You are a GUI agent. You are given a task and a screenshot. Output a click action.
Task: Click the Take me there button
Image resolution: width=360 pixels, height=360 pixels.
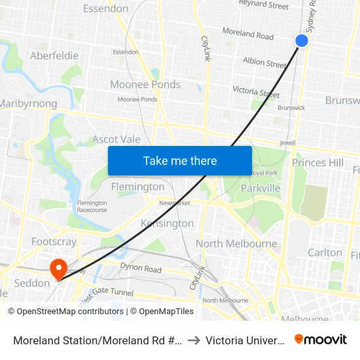pyautogui.click(x=180, y=160)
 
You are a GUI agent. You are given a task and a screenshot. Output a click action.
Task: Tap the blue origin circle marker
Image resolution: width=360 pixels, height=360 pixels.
pyautogui.click(x=302, y=41)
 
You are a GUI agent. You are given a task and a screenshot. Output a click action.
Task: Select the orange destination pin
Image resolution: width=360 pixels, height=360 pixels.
pyautogui.click(x=58, y=268)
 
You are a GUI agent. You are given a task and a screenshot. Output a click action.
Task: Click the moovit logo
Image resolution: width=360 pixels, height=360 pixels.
pyautogui.click(x=321, y=339)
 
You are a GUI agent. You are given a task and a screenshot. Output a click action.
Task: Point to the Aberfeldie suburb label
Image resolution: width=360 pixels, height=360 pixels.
pyautogui.click(x=54, y=56)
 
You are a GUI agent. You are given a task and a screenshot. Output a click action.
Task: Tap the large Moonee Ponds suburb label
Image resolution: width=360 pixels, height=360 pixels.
pyautogui.click(x=145, y=84)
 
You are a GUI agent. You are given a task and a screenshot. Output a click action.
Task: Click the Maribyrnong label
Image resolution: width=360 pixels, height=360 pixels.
pyautogui.click(x=28, y=103)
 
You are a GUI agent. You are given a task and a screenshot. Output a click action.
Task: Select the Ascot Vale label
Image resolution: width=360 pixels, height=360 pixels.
pyautogui.click(x=116, y=139)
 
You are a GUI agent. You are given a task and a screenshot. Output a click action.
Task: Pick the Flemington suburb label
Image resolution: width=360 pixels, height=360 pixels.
pyautogui.click(x=137, y=187)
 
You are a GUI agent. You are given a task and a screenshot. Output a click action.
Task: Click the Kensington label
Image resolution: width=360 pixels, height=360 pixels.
pyautogui.click(x=167, y=223)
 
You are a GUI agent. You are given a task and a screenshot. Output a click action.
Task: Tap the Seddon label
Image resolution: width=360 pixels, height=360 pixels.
pyautogui.click(x=31, y=283)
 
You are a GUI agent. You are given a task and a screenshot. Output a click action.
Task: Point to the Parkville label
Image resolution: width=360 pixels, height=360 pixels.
pyautogui.click(x=261, y=188)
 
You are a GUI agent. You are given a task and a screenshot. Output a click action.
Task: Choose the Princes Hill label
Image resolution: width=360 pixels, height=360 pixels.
pyautogui.click(x=317, y=162)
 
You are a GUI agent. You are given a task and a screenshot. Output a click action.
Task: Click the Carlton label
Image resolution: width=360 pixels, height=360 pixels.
pyautogui.click(x=325, y=252)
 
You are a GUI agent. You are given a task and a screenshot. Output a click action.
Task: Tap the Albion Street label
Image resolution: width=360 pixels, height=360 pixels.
pyautogui.click(x=264, y=63)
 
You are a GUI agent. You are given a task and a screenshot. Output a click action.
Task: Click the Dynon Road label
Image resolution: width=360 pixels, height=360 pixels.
pyautogui.click(x=140, y=268)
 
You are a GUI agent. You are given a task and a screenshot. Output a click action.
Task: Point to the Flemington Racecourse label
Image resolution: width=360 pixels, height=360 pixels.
pyautogui.click(x=92, y=207)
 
